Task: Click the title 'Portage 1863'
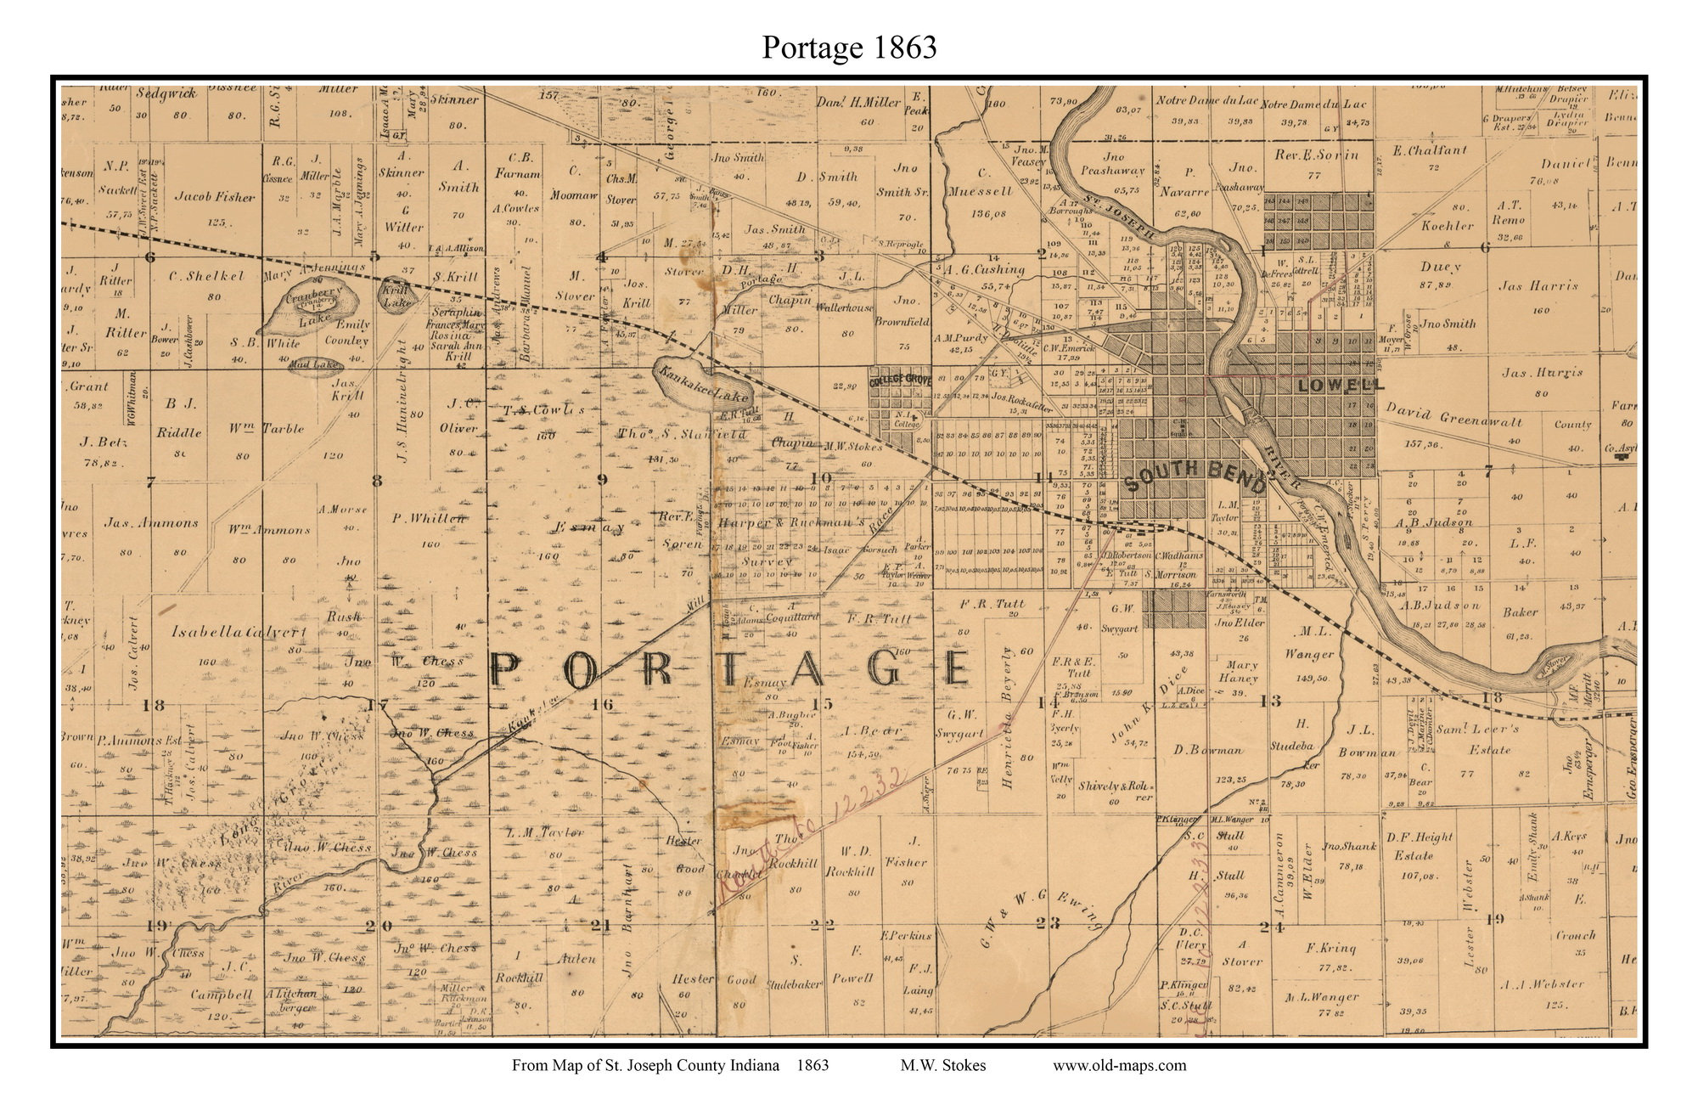[848, 47]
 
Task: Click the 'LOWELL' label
[1340, 385]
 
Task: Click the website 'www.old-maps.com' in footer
[1119, 1065]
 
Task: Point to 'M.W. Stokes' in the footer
[943, 1065]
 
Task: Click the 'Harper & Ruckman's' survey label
[791, 523]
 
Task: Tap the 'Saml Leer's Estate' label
[1501, 738]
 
